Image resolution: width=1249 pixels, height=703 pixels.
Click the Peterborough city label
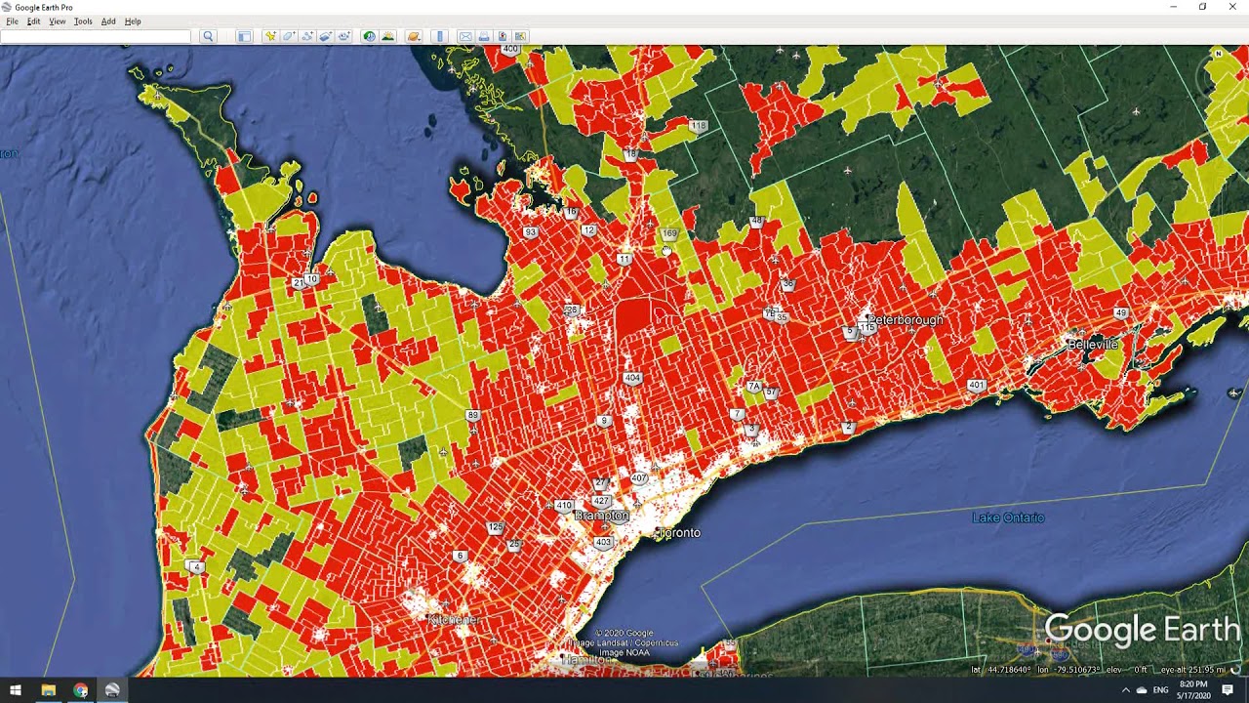tap(906, 320)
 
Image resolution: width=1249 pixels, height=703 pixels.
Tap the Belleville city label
tap(1092, 345)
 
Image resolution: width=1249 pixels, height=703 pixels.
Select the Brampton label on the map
tap(601, 516)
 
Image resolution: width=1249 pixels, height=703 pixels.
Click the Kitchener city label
tap(453, 620)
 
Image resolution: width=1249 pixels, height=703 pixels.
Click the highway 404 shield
tap(632, 378)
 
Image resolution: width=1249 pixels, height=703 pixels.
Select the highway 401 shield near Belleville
tap(976, 386)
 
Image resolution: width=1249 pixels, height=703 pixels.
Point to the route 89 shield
tap(473, 416)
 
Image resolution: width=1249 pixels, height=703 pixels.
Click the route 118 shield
tap(698, 126)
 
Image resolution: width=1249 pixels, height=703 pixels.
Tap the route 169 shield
tap(669, 234)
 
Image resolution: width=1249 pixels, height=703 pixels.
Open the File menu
tap(12, 21)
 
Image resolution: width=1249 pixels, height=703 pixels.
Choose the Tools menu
tap(83, 21)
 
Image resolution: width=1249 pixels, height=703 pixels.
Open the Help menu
tap(133, 21)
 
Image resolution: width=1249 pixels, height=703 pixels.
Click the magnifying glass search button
tap(208, 37)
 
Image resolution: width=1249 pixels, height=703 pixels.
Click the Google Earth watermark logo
tap(1142, 631)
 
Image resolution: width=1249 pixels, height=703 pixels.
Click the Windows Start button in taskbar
tap(16, 690)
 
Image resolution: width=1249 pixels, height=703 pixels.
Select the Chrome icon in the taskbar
tap(80, 690)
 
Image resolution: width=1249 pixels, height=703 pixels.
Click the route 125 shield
tap(496, 527)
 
